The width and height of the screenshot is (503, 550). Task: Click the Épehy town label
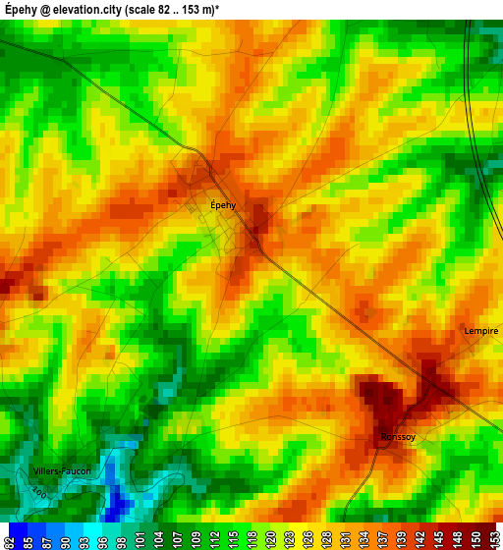click(223, 205)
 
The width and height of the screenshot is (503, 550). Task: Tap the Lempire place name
click(481, 331)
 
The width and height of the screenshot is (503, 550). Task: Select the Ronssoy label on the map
click(398, 437)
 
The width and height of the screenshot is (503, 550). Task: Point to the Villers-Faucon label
click(61, 471)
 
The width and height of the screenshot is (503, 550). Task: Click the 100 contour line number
click(37, 490)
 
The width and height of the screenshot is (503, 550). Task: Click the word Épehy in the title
click(23, 9)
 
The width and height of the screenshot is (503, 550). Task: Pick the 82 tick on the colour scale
click(9, 537)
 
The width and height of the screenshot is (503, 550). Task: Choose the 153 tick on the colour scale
click(493, 537)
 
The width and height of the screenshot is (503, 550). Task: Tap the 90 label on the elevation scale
click(64, 537)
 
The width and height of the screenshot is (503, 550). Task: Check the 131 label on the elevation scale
click(343, 537)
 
